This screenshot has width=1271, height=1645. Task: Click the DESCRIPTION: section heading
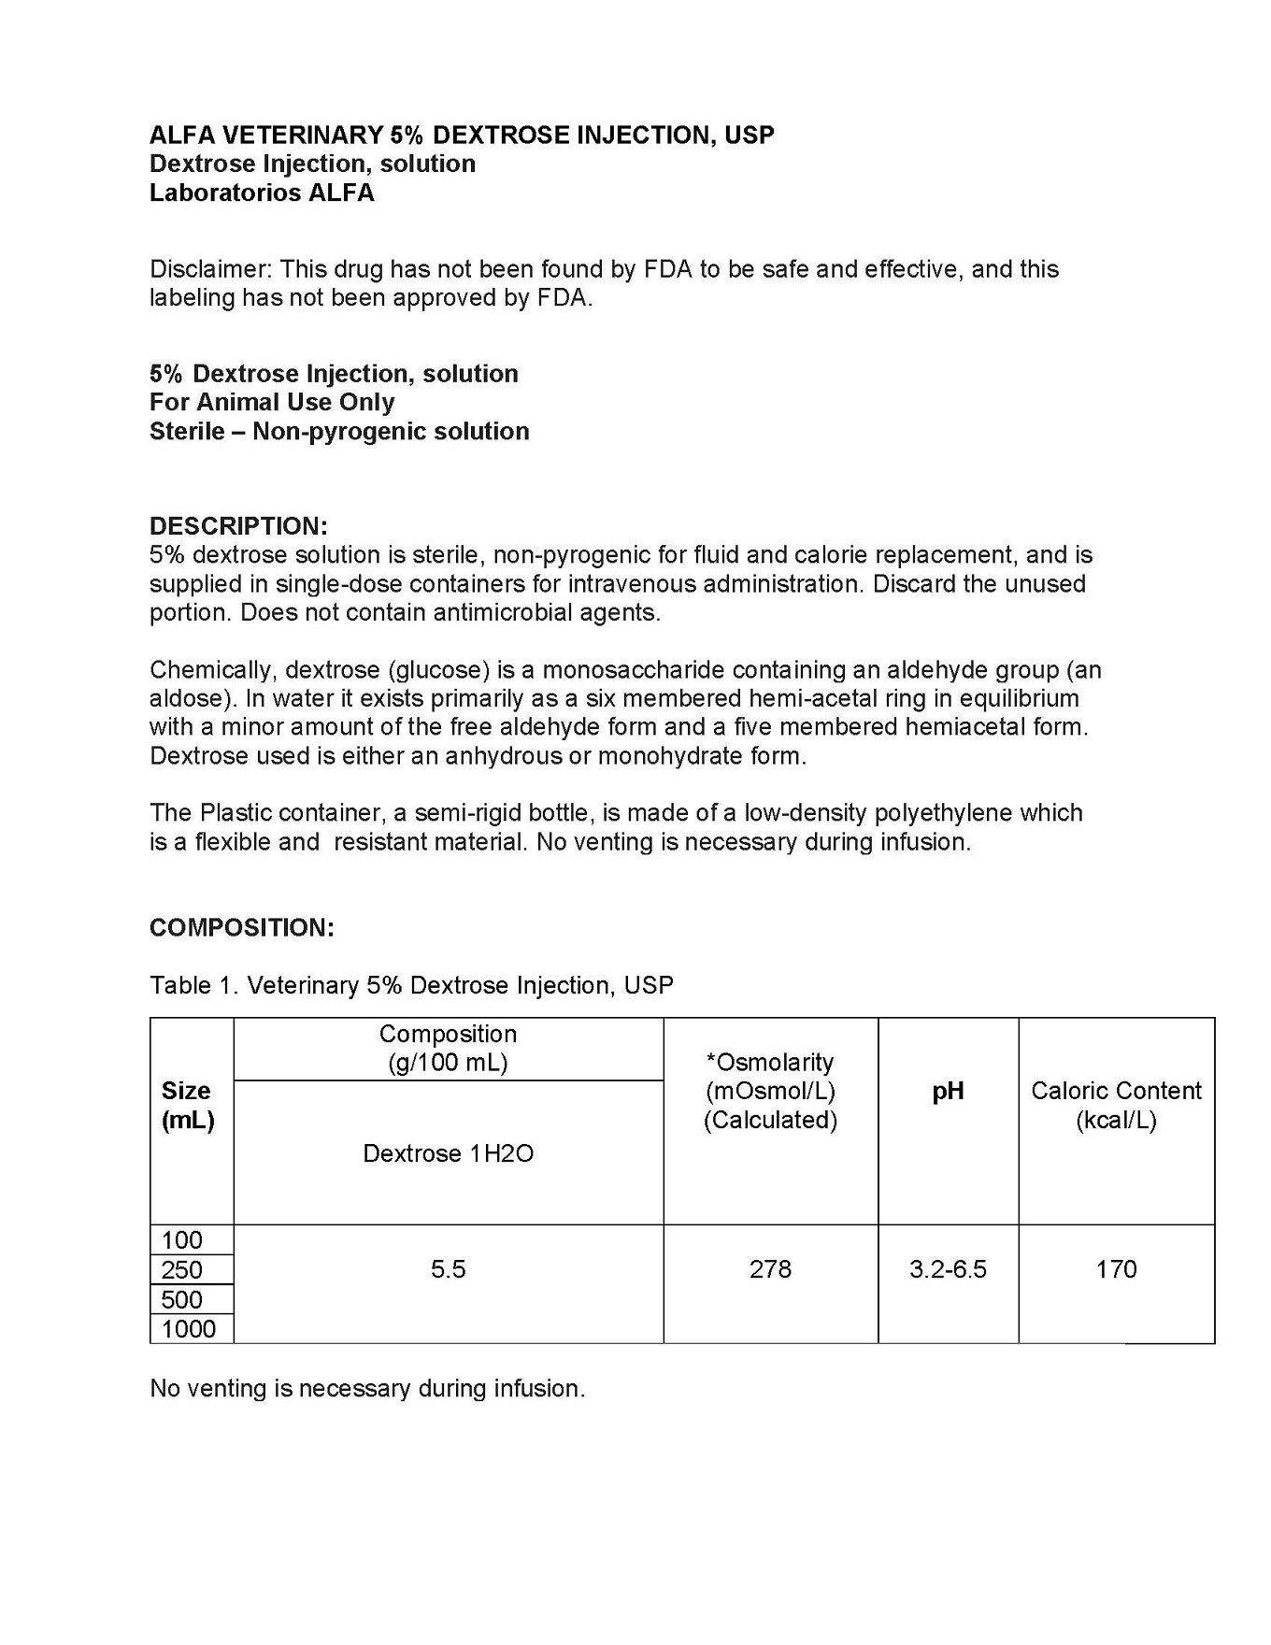[x=238, y=525]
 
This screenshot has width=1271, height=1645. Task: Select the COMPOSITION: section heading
[x=241, y=927]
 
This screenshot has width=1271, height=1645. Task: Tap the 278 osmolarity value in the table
[x=770, y=1269]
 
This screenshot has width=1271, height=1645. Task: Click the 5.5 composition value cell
[x=448, y=1269]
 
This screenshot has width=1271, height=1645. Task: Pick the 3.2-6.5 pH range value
[x=948, y=1269]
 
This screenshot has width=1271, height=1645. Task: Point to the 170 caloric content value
[x=1116, y=1269]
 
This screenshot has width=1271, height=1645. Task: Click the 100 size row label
[x=182, y=1240]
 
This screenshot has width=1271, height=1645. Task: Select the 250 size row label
[x=182, y=1270]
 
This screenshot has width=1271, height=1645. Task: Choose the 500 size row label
[x=182, y=1299]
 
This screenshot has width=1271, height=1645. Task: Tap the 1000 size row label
[x=189, y=1329]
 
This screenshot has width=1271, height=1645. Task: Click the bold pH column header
[x=948, y=1091]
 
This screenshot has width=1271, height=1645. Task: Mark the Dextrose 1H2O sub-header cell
[x=448, y=1153]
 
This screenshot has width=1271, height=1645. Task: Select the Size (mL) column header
[x=188, y=1105]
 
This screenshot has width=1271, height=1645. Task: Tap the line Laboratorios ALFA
[x=262, y=193]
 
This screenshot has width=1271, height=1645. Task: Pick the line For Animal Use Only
[x=272, y=402]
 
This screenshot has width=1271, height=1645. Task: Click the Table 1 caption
[x=411, y=985]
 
